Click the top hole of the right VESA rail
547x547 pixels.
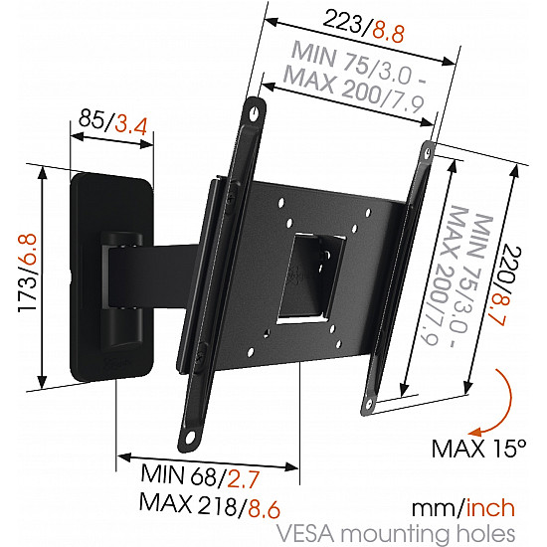(430, 152)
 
